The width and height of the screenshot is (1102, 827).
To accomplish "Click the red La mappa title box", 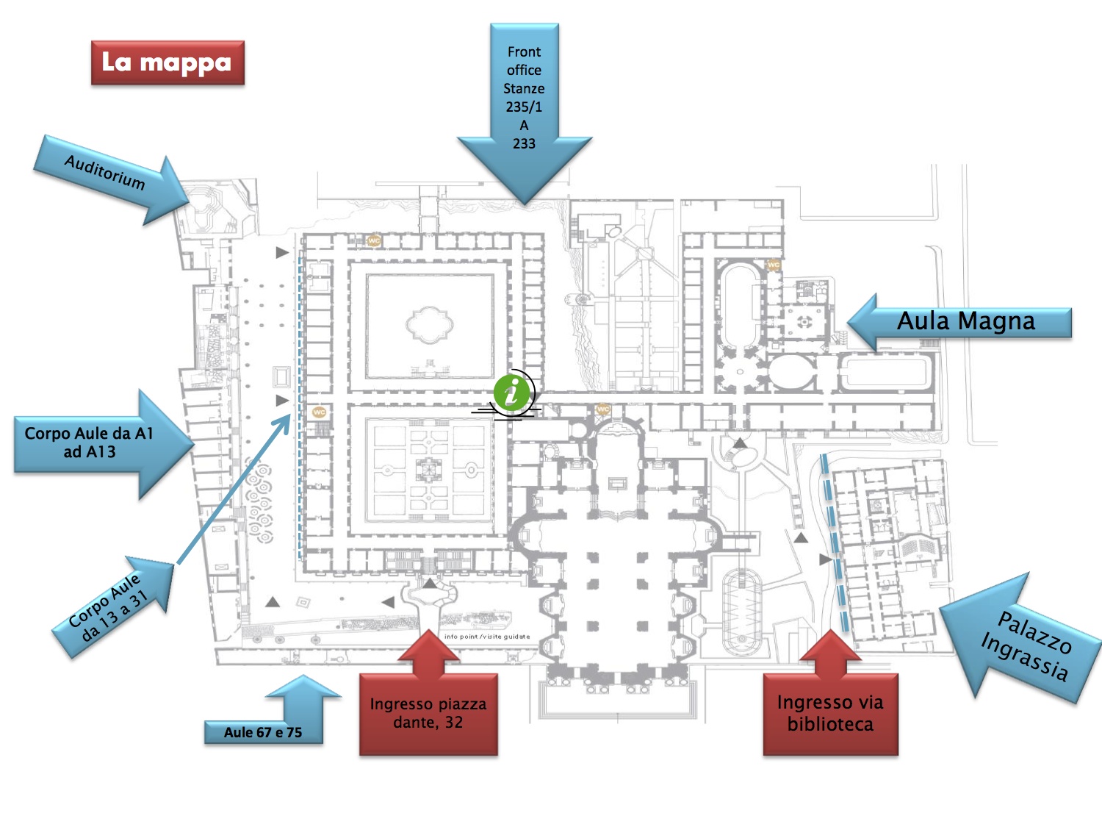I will click(168, 62).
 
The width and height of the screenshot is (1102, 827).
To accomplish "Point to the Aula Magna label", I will click(965, 321).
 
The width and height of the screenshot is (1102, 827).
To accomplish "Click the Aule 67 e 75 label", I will click(263, 732).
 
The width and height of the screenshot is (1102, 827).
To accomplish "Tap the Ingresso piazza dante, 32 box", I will click(428, 713).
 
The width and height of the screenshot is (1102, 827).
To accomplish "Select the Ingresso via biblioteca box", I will click(830, 713).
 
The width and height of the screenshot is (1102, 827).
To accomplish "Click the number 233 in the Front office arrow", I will click(524, 144).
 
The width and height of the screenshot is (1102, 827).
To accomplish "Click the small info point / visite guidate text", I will click(487, 637).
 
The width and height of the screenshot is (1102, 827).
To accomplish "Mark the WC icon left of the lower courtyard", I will click(319, 412).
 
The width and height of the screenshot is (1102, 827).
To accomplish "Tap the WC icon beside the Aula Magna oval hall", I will click(774, 265).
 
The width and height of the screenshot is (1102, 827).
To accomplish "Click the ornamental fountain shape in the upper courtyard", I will click(430, 325).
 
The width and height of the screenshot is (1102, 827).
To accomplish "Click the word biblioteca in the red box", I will click(830, 725).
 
